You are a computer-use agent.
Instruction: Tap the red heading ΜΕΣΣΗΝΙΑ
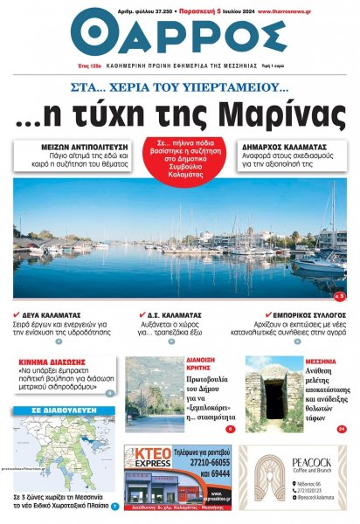coord(322,360)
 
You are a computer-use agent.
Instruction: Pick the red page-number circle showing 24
coord(341,429)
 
